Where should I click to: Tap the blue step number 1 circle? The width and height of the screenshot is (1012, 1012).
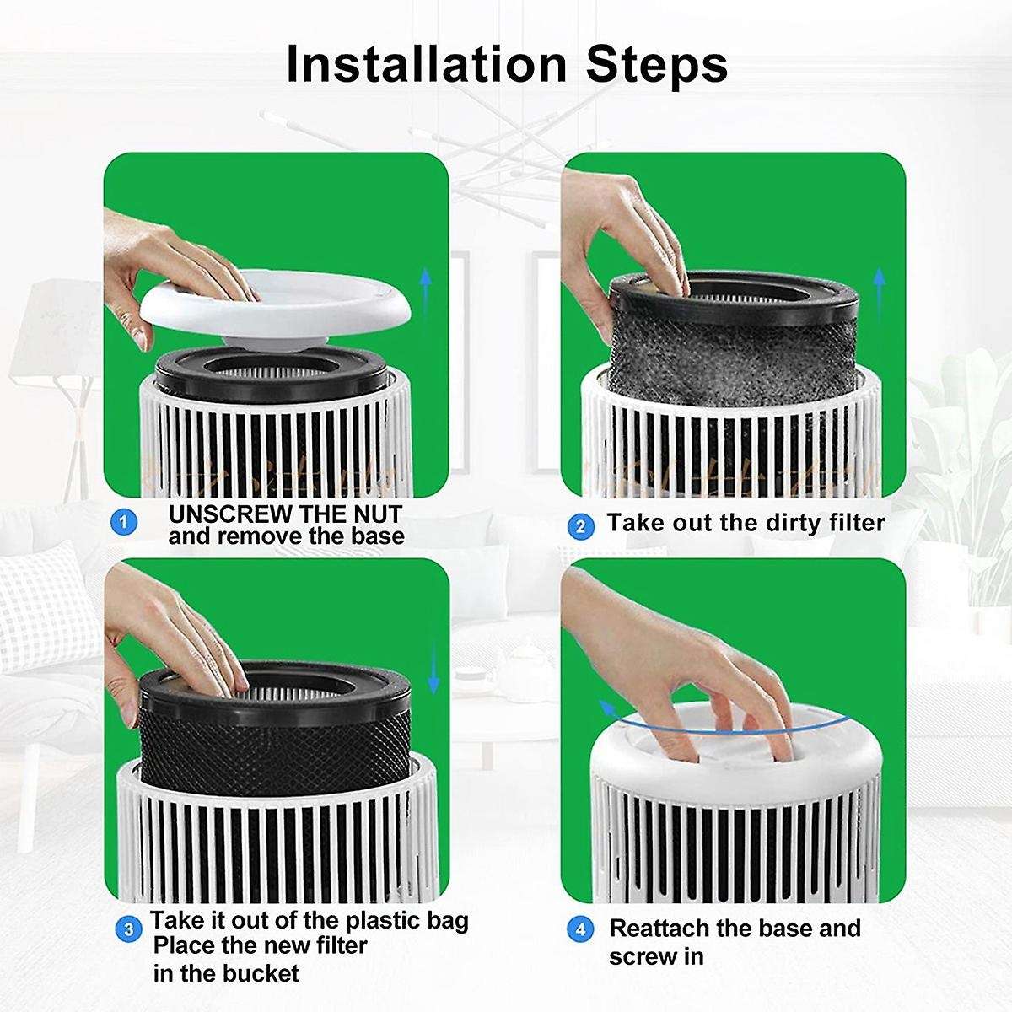tap(124, 523)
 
